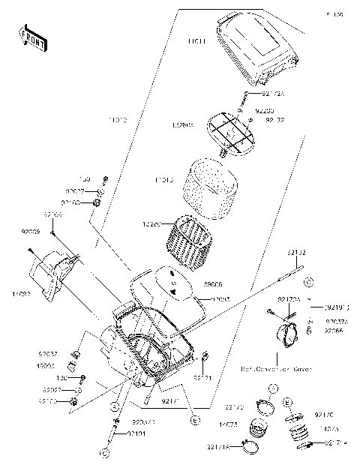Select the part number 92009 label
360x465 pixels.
[32, 232]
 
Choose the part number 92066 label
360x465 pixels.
[334, 330]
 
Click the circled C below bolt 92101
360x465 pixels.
[105, 453]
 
